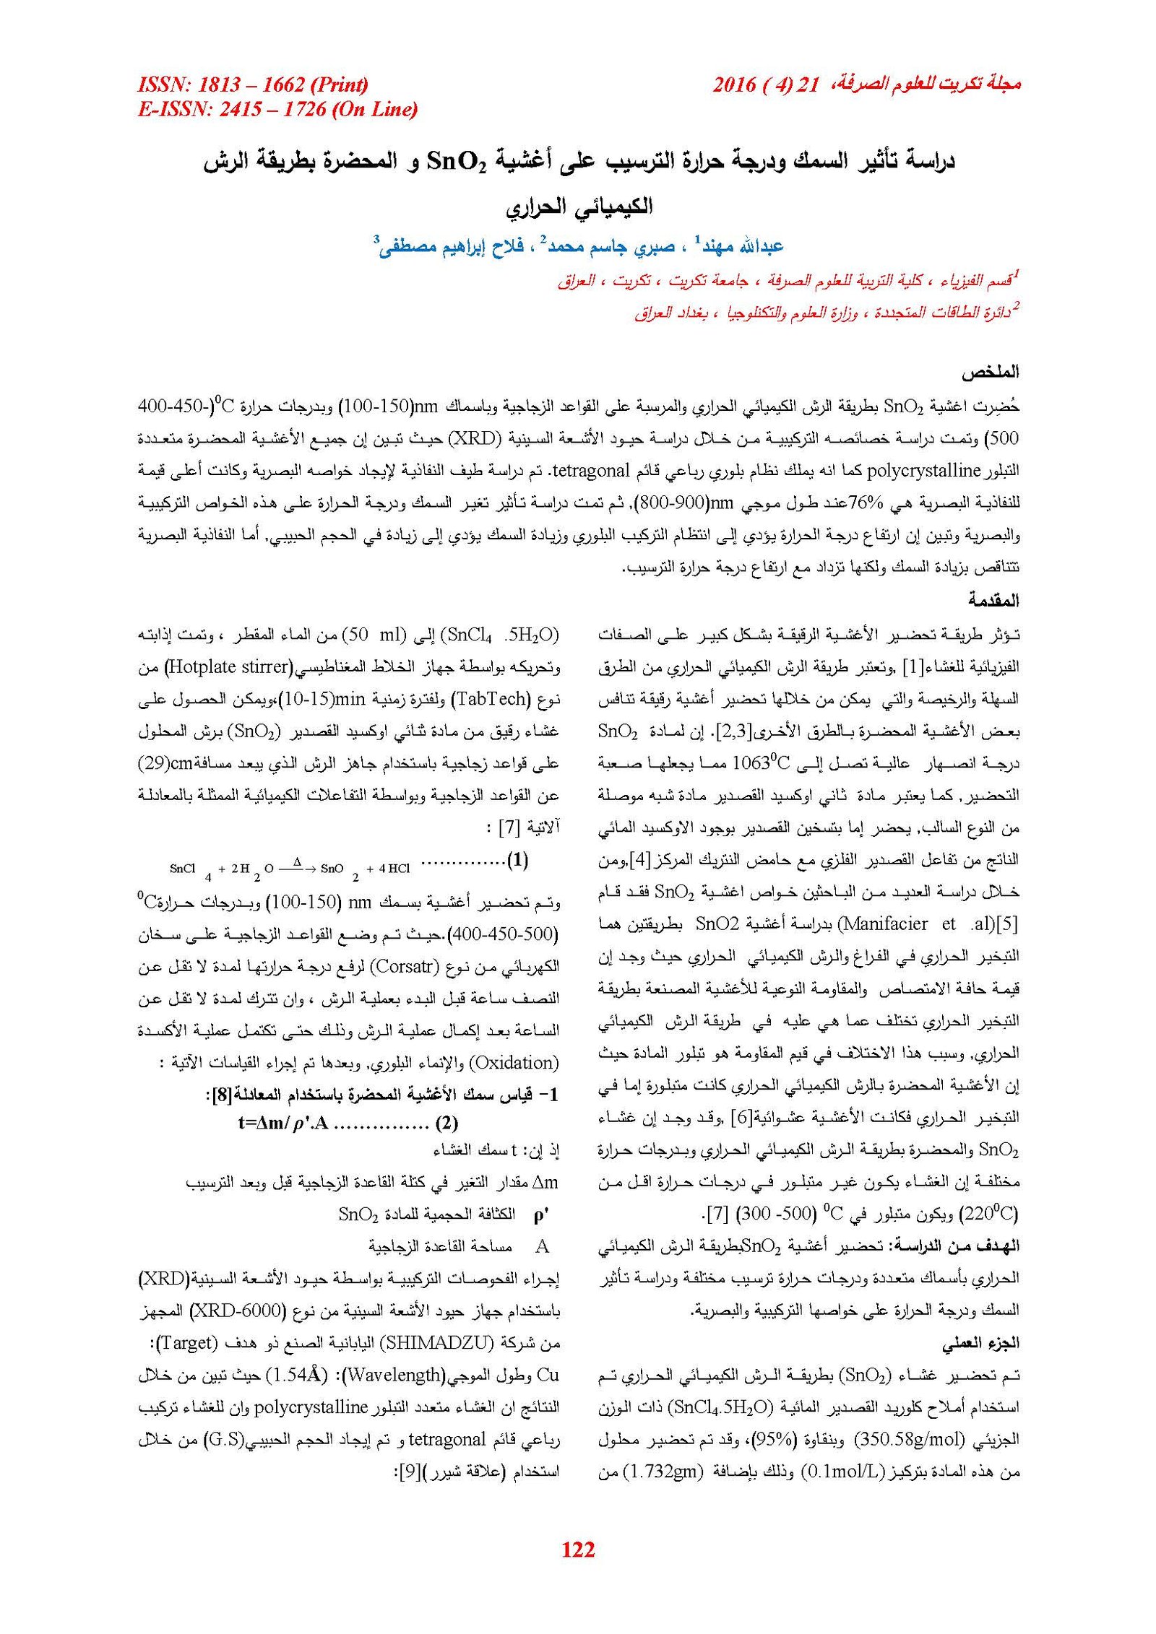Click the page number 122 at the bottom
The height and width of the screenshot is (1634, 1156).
pos(578,1549)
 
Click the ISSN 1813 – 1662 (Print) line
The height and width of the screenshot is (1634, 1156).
pos(253,85)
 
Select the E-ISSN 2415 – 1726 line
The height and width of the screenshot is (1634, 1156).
pos(277,109)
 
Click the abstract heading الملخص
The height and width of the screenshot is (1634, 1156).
pos(990,373)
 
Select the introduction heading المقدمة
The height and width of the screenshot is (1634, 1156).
pos(993,600)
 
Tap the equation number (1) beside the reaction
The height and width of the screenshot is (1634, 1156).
pos(517,860)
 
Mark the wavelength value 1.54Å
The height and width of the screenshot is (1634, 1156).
pos(297,1375)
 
